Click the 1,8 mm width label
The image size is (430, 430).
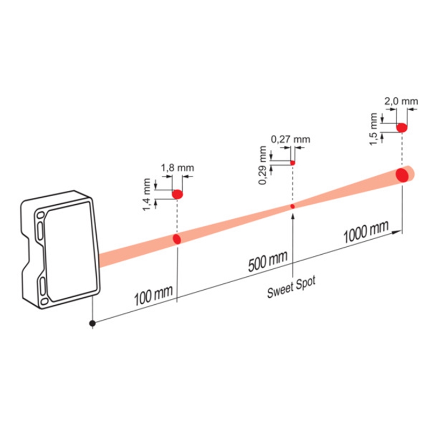click(x=177, y=168)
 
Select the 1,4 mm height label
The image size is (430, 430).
click(x=147, y=195)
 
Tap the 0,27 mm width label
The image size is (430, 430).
click(x=291, y=139)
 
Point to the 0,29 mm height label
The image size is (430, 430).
click(x=262, y=165)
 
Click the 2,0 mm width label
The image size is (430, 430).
click(x=401, y=101)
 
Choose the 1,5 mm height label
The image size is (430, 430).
click(x=374, y=129)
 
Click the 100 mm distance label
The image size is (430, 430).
click(x=153, y=295)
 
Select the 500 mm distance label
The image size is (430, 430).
click(x=268, y=261)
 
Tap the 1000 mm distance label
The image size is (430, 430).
click(x=366, y=232)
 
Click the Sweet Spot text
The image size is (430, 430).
click(x=291, y=288)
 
